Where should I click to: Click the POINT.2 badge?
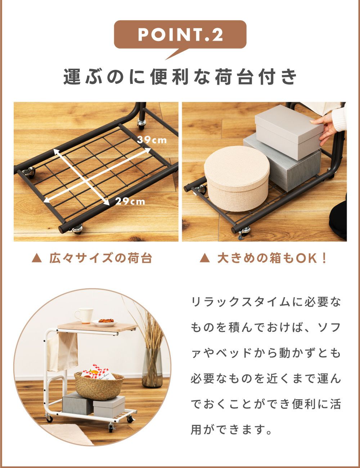pos(180,35)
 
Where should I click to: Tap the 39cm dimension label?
pos(152,140)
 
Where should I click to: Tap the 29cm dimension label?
pos(130,201)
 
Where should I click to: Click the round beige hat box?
pos(237,178)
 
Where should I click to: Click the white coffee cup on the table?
pos(84,316)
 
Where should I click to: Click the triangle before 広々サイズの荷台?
pos(36,258)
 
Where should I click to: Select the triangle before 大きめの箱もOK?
pos(204,258)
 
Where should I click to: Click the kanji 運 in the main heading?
pos(72,77)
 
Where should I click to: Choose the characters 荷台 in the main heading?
pos(233,77)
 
